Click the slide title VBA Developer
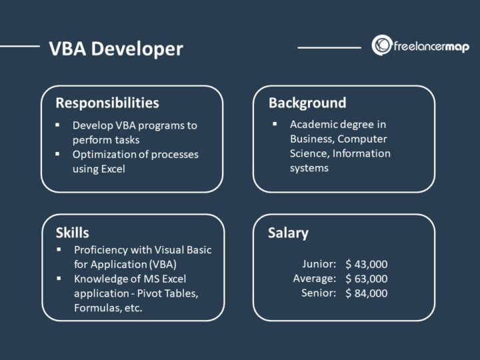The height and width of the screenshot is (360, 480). tap(115, 49)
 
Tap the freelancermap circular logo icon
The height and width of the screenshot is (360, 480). tap(382, 45)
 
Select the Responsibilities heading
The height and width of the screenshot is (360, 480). tap(107, 103)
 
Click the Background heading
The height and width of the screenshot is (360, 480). tap(307, 103)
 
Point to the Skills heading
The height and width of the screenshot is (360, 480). tap(72, 233)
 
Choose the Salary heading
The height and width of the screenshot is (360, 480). tap(288, 233)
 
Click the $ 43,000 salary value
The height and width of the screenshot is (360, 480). tap(366, 264)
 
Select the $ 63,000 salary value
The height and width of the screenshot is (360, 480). tap(366, 279)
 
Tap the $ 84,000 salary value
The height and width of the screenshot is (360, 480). tap(366, 293)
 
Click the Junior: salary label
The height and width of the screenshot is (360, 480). tap(319, 264)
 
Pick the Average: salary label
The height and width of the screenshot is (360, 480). tap(314, 279)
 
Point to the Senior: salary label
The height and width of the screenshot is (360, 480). tap(319, 293)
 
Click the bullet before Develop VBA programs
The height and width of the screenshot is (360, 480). tap(58, 125)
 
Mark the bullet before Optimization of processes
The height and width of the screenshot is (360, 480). tap(58, 154)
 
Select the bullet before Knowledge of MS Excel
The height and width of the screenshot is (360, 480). tap(58, 279)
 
